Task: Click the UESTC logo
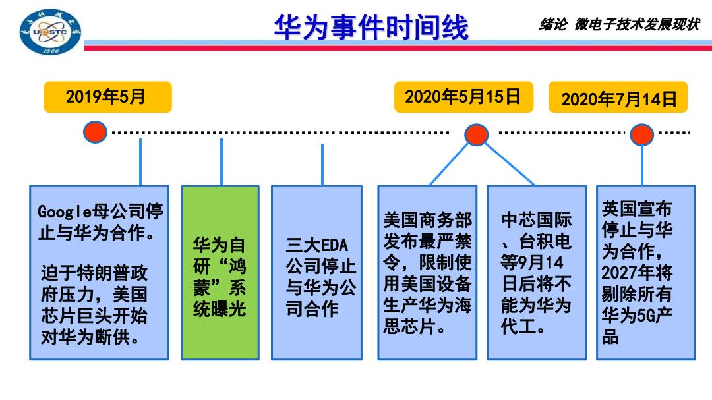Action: [50, 32]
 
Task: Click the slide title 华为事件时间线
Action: [371, 27]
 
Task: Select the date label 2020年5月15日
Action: [463, 97]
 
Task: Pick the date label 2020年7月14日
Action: [618, 98]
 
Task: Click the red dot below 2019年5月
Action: [96, 132]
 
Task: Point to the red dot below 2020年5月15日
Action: [477, 134]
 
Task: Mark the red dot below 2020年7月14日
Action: [641, 134]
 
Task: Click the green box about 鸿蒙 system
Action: [220, 272]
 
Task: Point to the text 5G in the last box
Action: [645, 315]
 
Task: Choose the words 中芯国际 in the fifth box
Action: [536, 220]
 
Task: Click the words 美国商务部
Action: [428, 220]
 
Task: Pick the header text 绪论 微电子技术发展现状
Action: [619, 24]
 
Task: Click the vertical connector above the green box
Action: [221, 162]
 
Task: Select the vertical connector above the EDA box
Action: [322, 165]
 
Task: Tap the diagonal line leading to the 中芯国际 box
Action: [510, 164]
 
